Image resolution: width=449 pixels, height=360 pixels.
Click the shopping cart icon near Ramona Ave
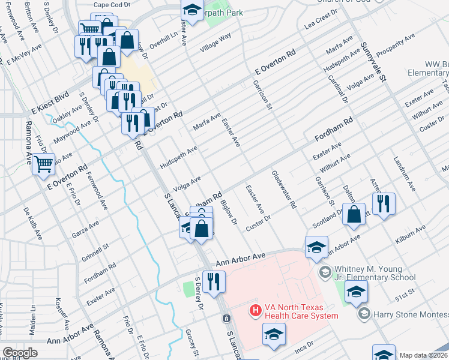(43, 163)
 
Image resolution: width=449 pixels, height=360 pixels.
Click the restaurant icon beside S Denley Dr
(214, 281)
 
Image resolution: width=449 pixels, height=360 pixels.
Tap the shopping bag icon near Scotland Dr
(354, 214)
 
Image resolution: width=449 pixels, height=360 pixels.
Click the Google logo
(20, 352)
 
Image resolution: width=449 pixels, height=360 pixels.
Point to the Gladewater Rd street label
(284, 189)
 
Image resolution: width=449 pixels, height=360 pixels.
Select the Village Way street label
(216, 44)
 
